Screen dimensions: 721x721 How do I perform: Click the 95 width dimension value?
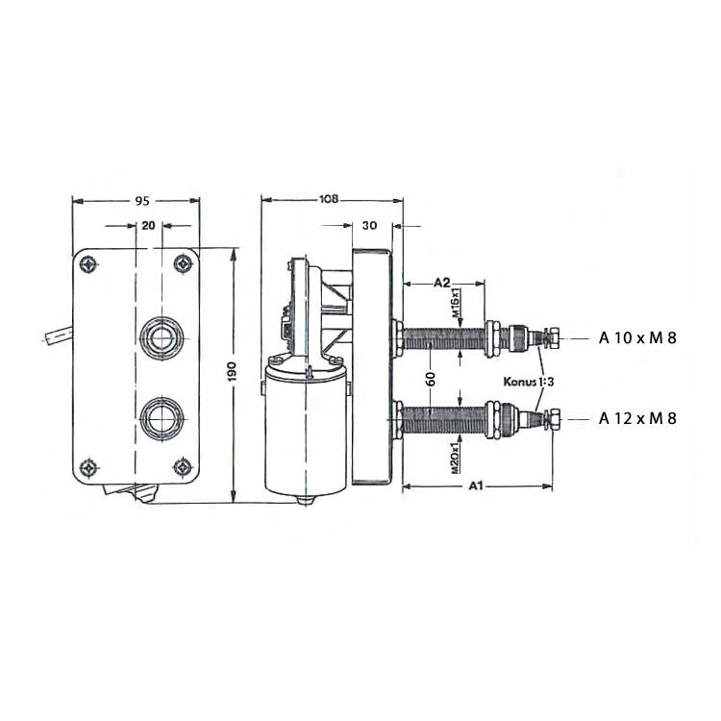tap(142, 201)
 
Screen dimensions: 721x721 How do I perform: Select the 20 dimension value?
tap(148, 225)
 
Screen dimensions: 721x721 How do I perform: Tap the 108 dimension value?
tap(329, 199)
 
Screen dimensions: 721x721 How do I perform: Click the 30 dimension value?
tap(369, 225)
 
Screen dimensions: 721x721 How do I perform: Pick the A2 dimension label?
tap(442, 283)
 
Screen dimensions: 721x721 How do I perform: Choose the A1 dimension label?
tap(477, 485)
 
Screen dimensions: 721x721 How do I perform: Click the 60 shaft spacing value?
tap(431, 379)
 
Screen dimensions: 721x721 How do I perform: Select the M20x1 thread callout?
tap(456, 458)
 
